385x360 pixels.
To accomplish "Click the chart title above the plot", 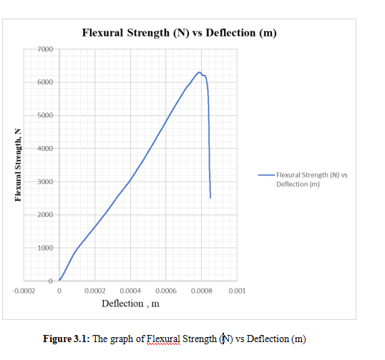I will pyautogui.click(x=179, y=33).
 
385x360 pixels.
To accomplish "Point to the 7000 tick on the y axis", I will pyautogui.click(x=44, y=49).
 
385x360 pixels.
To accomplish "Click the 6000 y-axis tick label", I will pyautogui.click(x=44, y=82).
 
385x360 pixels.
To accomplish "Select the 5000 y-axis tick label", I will pyautogui.click(x=44, y=116).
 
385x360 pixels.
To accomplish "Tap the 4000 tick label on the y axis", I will pyautogui.click(x=44, y=149).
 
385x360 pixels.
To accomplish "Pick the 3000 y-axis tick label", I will pyautogui.click(x=44, y=183).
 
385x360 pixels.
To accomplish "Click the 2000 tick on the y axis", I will pyautogui.click(x=44, y=215).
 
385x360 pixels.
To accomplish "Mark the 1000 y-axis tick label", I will pyautogui.click(x=44, y=248).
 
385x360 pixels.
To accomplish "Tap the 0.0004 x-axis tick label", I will pyautogui.click(x=130, y=291).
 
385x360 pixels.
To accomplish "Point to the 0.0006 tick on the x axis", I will pyautogui.click(x=166, y=291).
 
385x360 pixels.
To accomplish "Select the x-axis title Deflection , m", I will pyautogui.click(x=130, y=303).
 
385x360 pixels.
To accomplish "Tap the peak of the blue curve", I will pyautogui.click(x=200, y=72).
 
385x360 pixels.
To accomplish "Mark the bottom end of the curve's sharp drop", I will pyautogui.click(x=210, y=198).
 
